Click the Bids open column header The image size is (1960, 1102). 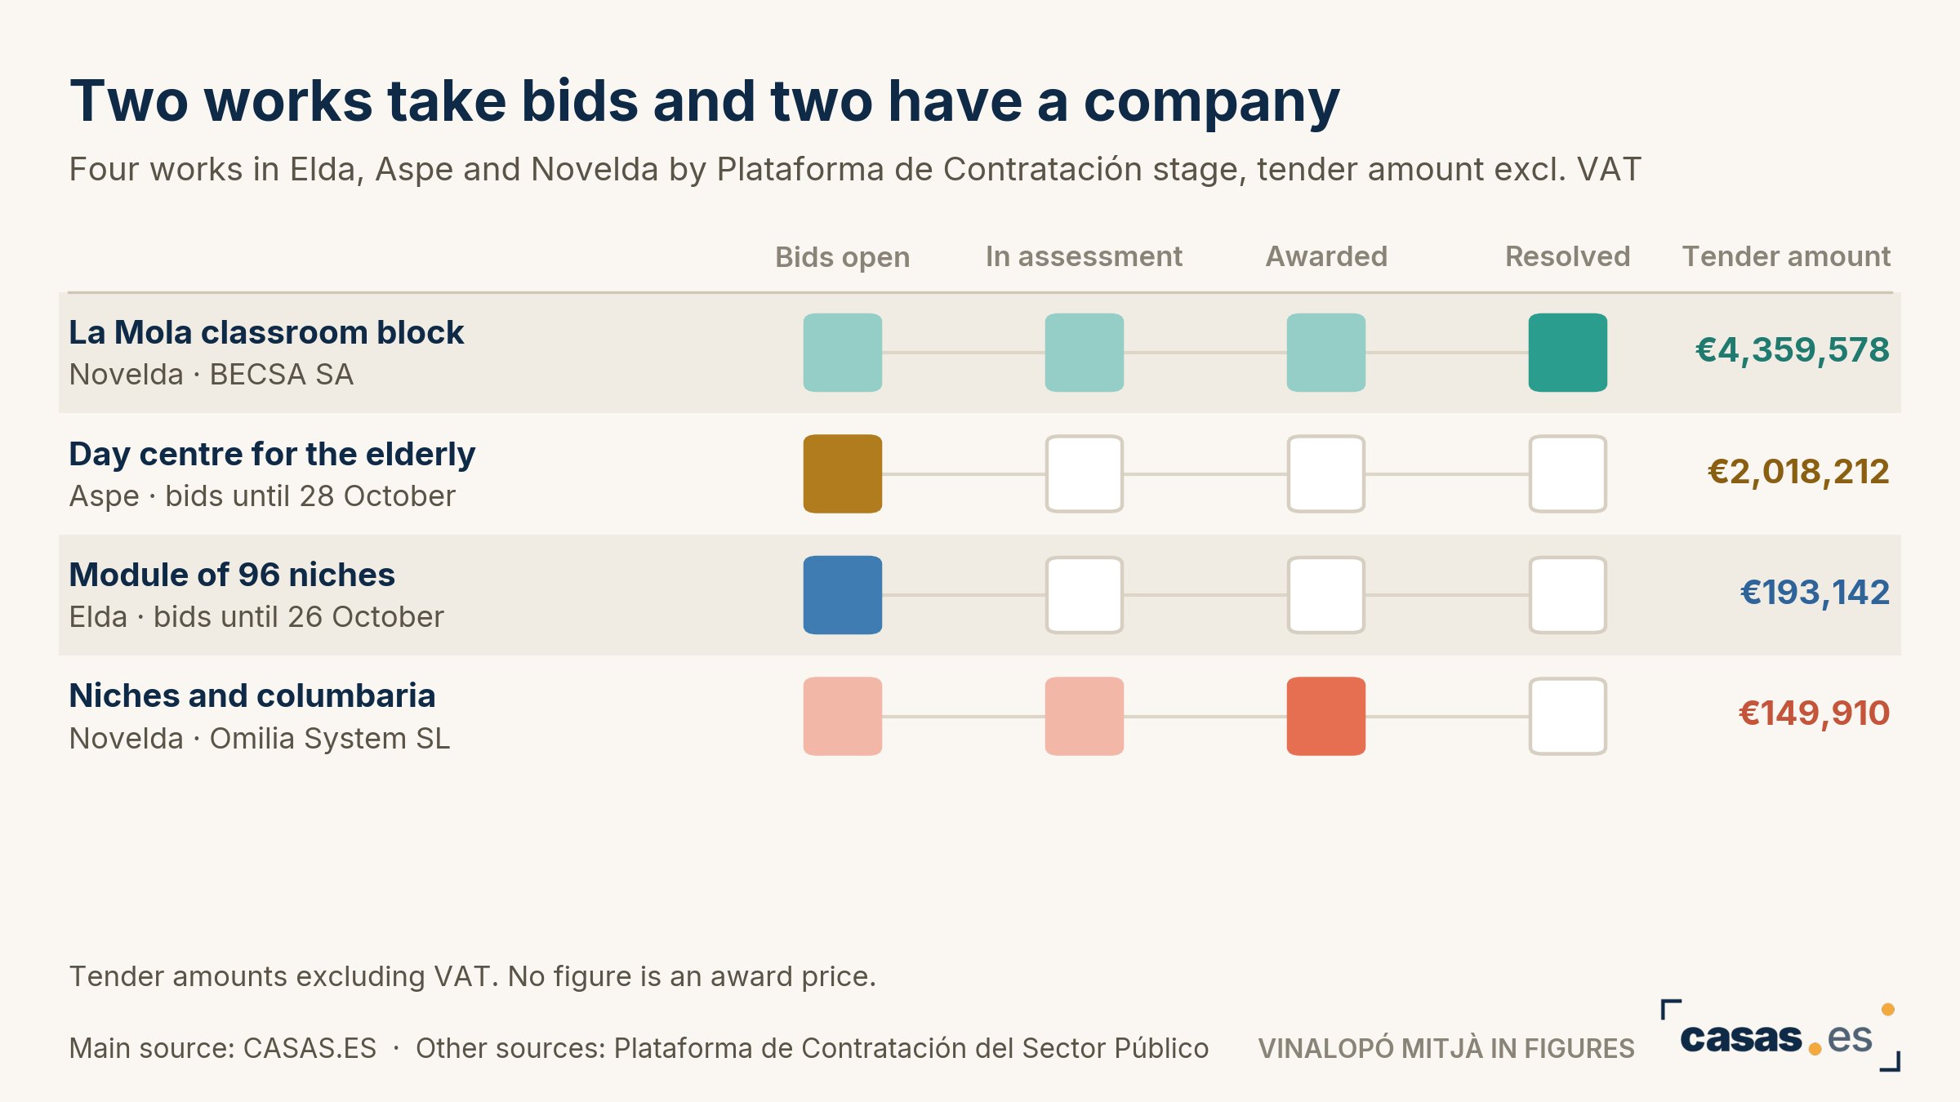coord(842,257)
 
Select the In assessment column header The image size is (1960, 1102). coord(1084,256)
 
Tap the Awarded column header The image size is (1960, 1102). coord(1326,256)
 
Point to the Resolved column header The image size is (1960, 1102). coord(1567,256)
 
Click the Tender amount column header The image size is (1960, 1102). coord(1786,256)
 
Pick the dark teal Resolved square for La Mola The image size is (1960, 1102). coord(1568,353)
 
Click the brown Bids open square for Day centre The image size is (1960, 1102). coord(843,473)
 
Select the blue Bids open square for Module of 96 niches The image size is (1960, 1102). coord(843,595)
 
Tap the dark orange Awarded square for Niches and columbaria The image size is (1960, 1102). coord(1326,716)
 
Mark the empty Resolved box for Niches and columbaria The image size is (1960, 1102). coord(1568,716)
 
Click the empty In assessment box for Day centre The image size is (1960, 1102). coord(1085,473)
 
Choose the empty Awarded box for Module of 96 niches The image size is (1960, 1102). coord(1326,595)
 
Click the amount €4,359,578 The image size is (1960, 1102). coord(1792,350)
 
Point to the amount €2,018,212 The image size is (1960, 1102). coord(1798,472)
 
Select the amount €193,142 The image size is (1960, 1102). coord(1815,593)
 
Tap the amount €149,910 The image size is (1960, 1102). coord(1814,713)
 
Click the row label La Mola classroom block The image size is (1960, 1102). coord(266,332)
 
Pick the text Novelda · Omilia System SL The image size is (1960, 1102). coord(260,738)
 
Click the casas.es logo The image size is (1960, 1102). coord(1780,1036)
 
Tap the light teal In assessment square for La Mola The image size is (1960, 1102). coord(1085,353)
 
